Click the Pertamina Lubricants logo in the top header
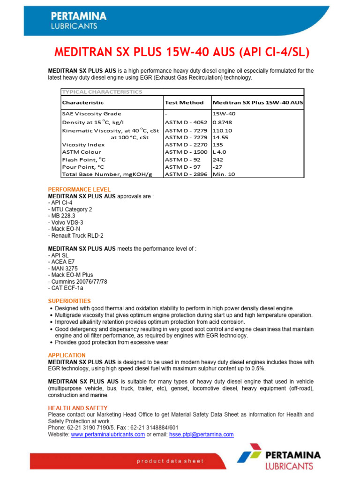coord(78,20)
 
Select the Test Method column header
coord(184,102)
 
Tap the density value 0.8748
coord(222,122)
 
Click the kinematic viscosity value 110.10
coord(222,130)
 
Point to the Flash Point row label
coord(83,159)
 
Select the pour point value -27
coord(217,167)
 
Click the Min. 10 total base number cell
coord(224,174)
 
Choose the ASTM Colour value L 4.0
coord(220,152)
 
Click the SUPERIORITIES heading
coord(69,301)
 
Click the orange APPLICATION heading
coord(67,355)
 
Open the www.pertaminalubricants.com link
coord(108,435)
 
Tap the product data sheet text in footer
coord(170,461)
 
